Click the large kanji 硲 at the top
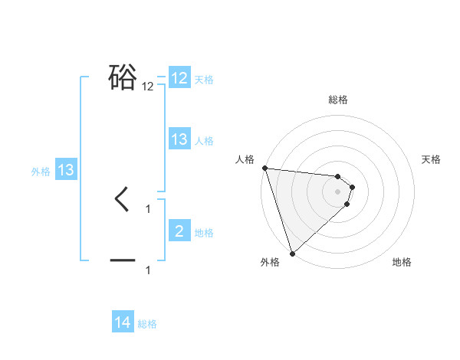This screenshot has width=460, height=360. click(123, 77)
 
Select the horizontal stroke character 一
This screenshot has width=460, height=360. click(123, 261)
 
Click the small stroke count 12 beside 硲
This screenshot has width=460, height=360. click(148, 87)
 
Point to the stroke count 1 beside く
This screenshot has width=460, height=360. click(148, 208)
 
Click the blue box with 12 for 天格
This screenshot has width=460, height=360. click(179, 78)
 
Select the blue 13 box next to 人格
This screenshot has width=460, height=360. click(179, 139)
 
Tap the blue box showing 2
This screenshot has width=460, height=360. click(179, 231)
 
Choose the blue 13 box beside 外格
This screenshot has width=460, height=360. click(66, 170)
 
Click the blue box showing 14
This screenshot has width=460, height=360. click(123, 323)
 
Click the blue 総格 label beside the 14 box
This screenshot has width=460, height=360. click(147, 324)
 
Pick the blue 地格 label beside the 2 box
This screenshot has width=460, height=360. click(204, 232)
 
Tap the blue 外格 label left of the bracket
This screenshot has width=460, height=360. click(41, 172)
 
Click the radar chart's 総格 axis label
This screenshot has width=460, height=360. click(338, 100)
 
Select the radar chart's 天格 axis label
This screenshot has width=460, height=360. click(432, 159)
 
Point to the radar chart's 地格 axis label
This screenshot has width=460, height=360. click(402, 263)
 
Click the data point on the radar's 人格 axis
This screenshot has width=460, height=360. click(264, 168)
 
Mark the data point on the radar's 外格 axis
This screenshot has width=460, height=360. click(292, 254)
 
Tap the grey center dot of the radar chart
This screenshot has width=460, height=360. click(338, 191)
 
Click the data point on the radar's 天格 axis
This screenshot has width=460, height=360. click(353, 187)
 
